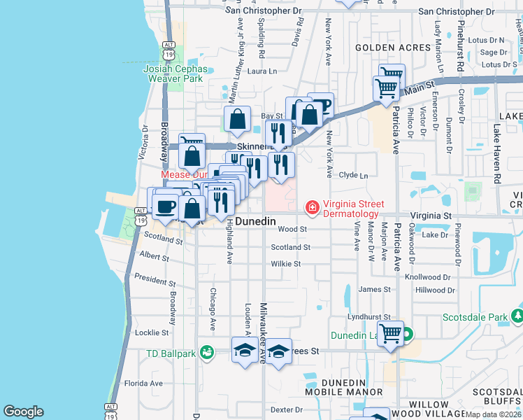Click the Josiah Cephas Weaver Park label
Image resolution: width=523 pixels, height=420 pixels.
(175, 73)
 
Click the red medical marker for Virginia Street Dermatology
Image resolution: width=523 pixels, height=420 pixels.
(313, 207)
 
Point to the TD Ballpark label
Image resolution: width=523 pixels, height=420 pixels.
(171, 353)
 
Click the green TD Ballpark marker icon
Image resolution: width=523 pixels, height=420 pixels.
(206, 352)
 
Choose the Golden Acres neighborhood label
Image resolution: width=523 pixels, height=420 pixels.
(392, 48)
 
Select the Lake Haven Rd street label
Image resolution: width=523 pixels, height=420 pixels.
(496, 154)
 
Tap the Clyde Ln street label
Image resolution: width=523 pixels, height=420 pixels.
(353, 175)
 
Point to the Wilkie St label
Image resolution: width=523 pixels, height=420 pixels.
(286, 264)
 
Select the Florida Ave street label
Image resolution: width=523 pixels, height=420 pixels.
(143, 383)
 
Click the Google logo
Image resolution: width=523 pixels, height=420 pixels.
(23, 412)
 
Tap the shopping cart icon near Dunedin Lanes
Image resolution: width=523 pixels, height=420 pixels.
(390, 333)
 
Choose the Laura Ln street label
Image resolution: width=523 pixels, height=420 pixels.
(262, 71)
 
